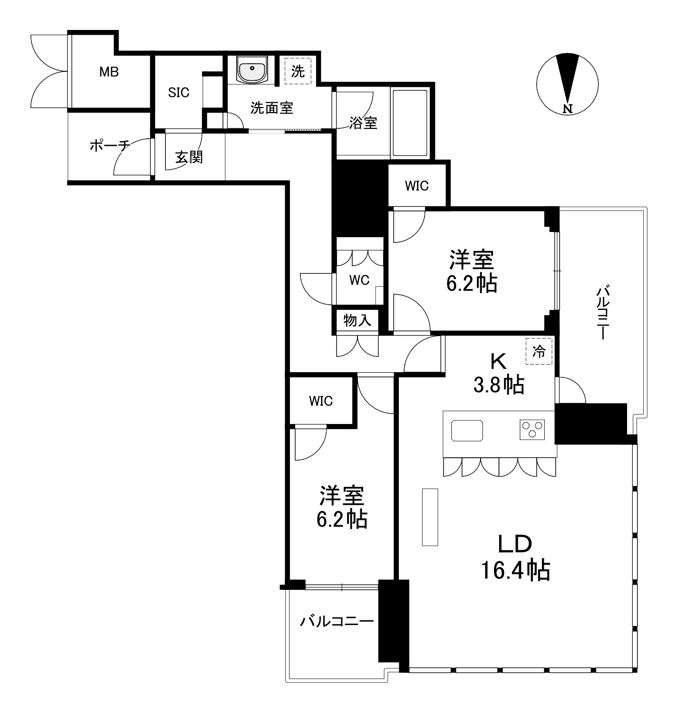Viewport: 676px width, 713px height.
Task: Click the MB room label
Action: (109, 72)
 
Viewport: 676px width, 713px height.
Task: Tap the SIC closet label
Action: (179, 93)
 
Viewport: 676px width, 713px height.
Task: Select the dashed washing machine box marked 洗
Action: (298, 71)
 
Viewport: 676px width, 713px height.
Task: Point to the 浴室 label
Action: (363, 123)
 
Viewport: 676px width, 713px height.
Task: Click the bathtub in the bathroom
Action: (410, 123)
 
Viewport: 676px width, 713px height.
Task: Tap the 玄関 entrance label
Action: (189, 157)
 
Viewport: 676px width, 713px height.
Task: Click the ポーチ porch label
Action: (110, 145)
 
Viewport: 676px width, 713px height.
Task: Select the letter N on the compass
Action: (568, 108)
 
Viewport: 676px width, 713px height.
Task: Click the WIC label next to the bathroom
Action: (416, 186)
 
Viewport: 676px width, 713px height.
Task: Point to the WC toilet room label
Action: (359, 279)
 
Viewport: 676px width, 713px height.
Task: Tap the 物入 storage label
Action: (357, 320)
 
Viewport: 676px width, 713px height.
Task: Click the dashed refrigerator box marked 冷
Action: (539, 351)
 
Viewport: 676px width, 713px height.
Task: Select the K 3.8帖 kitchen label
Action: (499, 373)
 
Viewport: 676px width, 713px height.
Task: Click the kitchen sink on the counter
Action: (467, 431)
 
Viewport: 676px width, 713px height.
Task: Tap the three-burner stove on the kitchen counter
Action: (532, 430)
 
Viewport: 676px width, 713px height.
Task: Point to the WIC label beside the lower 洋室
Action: (321, 401)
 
